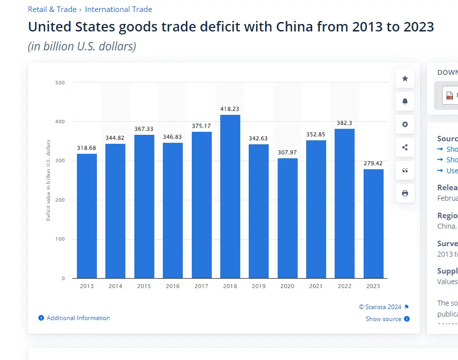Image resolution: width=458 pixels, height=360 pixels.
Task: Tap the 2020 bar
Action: click(x=288, y=218)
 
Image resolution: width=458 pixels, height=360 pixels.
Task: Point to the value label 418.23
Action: click(x=230, y=109)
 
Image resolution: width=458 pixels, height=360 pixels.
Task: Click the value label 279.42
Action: click(x=374, y=163)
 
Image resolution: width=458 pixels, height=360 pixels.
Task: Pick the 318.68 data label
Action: click(x=87, y=148)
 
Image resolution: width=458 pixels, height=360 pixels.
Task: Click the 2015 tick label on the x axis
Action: click(x=144, y=286)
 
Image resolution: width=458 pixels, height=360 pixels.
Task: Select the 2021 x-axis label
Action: click(x=316, y=286)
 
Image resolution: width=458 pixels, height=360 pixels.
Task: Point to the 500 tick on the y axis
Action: click(x=60, y=82)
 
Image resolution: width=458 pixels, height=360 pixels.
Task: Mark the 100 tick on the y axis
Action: click(x=60, y=239)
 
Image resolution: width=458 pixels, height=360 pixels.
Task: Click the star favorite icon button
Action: click(x=405, y=78)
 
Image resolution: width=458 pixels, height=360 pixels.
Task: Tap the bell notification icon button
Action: click(x=405, y=101)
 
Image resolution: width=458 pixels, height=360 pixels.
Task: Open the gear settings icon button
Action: click(x=405, y=124)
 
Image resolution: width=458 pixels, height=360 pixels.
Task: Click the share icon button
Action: click(x=405, y=147)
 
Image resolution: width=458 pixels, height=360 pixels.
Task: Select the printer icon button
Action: click(x=405, y=193)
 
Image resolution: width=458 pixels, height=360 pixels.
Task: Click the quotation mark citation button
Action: click(x=405, y=170)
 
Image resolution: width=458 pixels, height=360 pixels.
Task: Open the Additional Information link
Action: click(x=78, y=318)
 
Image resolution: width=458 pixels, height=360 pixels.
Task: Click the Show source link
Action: click(x=384, y=319)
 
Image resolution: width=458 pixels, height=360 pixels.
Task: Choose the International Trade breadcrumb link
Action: click(x=118, y=9)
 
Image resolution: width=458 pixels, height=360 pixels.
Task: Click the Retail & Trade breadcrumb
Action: click(x=52, y=9)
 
